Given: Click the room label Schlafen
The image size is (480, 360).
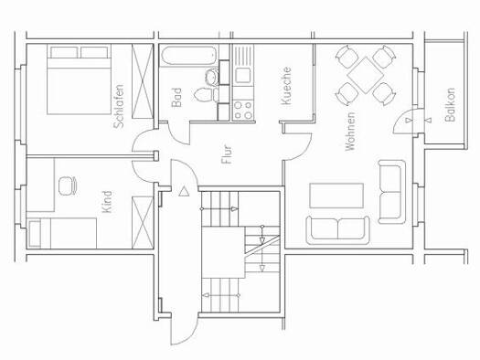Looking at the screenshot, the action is (119, 106).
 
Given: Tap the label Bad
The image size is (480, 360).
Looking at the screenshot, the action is (176, 98).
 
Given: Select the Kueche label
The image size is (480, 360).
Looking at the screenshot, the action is (286, 86).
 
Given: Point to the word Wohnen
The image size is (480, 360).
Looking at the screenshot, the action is (350, 132).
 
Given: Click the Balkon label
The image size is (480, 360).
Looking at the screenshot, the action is (450, 105).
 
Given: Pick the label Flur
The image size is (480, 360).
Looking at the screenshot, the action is (227, 154).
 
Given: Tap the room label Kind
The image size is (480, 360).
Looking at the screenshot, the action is (107, 202).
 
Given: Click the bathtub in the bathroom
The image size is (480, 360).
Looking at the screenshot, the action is (189, 56).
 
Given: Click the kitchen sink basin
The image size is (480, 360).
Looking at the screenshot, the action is (243, 76).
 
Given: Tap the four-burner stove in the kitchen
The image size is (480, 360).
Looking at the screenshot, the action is (243, 111).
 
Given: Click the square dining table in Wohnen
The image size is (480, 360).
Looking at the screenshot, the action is (366, 75).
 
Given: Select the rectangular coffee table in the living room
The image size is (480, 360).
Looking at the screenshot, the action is (336, 196).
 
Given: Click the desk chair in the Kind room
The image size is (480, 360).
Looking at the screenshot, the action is (68, 185).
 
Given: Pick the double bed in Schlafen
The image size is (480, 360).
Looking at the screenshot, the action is (79, 80).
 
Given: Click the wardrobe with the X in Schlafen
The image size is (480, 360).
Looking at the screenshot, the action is (143, 81).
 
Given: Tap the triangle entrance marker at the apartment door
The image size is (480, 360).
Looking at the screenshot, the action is (184, 192).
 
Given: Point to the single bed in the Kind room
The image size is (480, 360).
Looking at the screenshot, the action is (62, 233).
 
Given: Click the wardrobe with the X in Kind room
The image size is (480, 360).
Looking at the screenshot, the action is (143, 223).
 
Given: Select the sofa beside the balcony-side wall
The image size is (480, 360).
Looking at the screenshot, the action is (392, 192).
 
